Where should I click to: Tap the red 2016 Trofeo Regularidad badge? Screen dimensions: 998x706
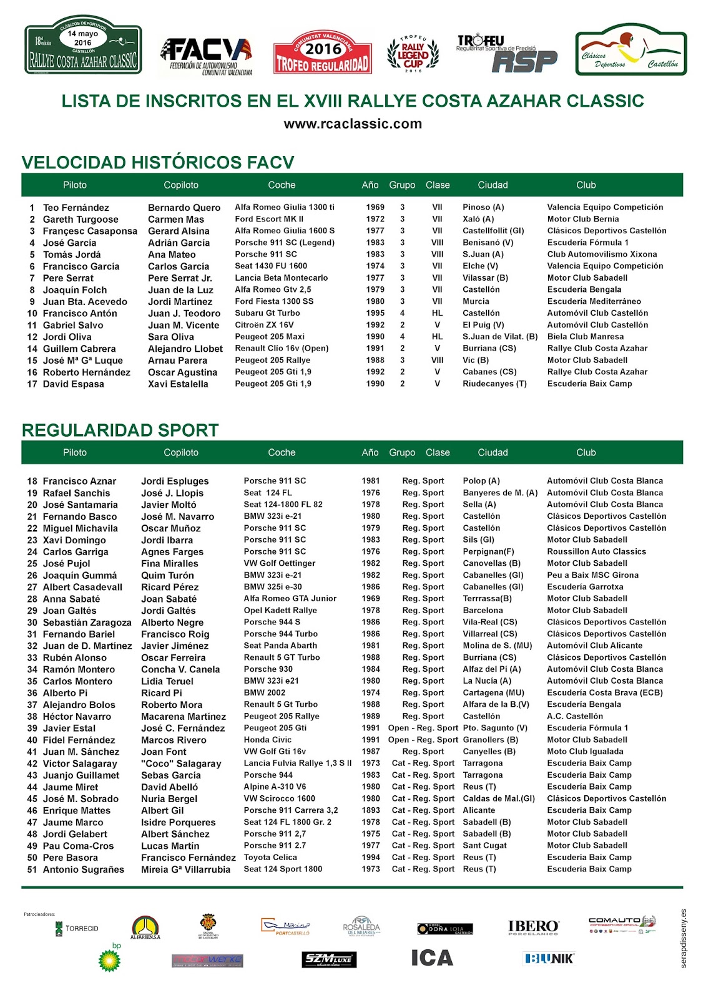(x=323, y=53)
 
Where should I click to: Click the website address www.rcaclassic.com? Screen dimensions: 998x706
(x=353, y=124)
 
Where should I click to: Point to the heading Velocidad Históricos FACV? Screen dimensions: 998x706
(x=158, y=162)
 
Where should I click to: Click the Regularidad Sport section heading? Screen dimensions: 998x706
(x=120, y=430)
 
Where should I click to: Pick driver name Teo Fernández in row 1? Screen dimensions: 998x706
(x=76, y=208)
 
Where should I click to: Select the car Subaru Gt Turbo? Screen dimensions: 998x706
(x=267, y=313)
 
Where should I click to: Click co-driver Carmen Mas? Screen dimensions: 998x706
(x=176, y=220)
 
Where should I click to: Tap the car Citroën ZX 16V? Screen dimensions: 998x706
(x=264, y=325)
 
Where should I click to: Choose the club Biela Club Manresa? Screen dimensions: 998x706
(x=585, y=337)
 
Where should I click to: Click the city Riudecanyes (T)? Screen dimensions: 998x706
(x=494, y=384)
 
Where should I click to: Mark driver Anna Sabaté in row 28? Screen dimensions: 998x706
(x=71, y=599)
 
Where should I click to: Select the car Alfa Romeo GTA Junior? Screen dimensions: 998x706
(x=290, y=599)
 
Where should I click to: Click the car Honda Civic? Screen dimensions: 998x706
(x=267, y=740)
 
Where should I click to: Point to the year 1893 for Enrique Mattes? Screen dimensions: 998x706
(x=371, y=810)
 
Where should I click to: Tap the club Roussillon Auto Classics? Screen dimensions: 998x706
(x=596, y=551)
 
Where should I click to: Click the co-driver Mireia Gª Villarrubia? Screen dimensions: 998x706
(x=185, y=870)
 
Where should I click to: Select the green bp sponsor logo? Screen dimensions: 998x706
(x=110, y=959)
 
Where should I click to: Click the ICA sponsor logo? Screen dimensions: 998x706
(x=432, y=958)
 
